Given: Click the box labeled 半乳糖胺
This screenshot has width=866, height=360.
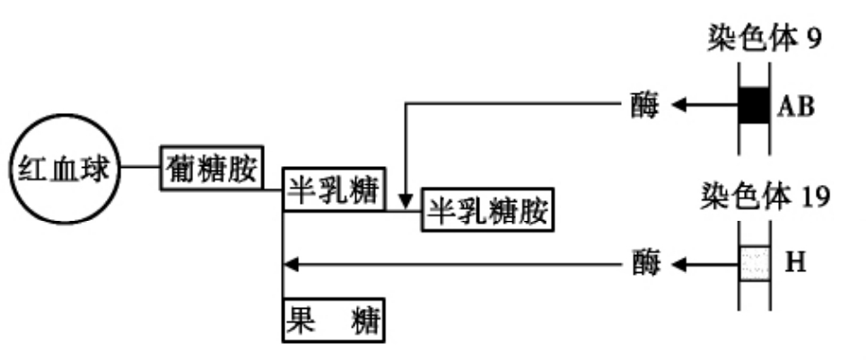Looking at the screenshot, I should pyautogui.click(x=486, y=212).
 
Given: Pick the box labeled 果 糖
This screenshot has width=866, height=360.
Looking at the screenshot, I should pyautogui.click(x=334, y=320).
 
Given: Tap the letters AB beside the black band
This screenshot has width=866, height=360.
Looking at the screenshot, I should pyautogui.click(x=796, y=107).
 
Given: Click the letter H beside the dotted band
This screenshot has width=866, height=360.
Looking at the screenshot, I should pyautogui.click(x=794, y=263).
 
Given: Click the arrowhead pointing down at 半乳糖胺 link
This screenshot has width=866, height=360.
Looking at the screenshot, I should pyautogui.click(x=407, y=201).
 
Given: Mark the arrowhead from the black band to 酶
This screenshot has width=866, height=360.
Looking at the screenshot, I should pyautogui.click(x=680, y=106).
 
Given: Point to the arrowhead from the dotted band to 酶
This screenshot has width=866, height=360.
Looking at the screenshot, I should pyautogui.click(x=680, y=264).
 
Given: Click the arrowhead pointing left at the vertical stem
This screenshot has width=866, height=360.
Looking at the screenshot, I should pyautogui.click(x=289, y=264).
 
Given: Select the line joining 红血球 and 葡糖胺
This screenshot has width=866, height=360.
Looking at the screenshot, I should pyautogui.click(x=141, y=168).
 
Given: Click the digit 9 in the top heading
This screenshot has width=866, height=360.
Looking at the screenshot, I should pyautogui.click(x=813, y=39).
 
